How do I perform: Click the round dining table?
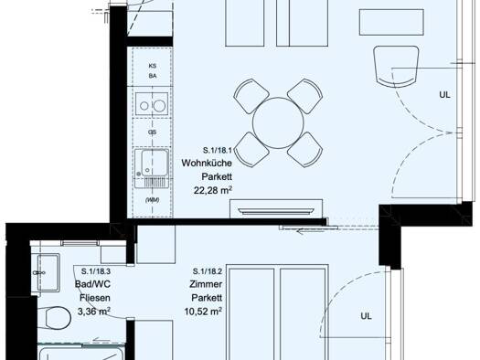[278, 123]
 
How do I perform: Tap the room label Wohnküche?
[207, 163]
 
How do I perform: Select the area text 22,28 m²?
[213, 190]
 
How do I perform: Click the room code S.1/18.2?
[208, 271]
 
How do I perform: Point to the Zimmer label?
[206, 284]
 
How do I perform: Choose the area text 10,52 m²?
[203, 312]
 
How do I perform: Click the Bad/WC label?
[92, 284]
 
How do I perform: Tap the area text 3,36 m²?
[94, 312]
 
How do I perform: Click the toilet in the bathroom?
[54, 318]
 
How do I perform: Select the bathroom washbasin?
[48, 272]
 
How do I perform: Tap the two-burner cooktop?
[152, 104]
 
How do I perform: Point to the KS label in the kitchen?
[153, 66]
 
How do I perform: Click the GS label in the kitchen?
[152, 132]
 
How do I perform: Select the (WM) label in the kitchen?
[152, 200]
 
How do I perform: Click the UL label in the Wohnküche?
[444, 95]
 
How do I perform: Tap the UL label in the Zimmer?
[366, 316]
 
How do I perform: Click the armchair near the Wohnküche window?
[396, 67]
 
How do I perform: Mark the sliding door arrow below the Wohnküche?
[311, 231]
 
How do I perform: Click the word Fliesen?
[95, 298]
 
